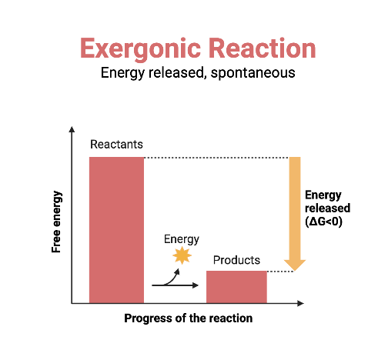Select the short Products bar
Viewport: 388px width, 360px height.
pos(236,286)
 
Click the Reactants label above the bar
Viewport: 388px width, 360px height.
pos(116,145)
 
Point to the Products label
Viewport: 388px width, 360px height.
pos(236,260)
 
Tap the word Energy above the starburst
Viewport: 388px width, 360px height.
pos(182,238)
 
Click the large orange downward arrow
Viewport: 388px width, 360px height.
pos(294,208)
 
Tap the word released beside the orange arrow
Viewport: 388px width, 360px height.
pos(327,208)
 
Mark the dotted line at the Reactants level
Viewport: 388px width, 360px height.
pos(216,158)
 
